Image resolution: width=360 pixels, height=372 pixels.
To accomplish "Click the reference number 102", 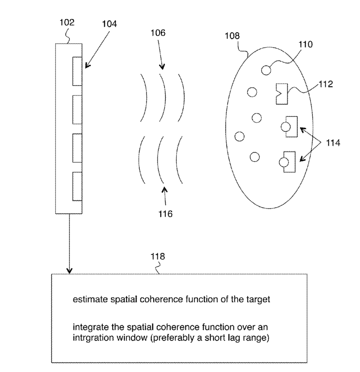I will [x=66, y=22].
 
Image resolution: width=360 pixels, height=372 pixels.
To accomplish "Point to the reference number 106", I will [x=158, y=33].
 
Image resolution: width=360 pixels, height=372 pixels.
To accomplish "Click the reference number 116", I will [x=165, y=213].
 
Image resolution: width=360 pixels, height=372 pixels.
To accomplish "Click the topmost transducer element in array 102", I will [x=77, y=71].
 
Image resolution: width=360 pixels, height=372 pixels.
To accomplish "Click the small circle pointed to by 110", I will [x=267, y=70].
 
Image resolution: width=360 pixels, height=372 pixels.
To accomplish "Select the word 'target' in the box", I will [x=259, y=300].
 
